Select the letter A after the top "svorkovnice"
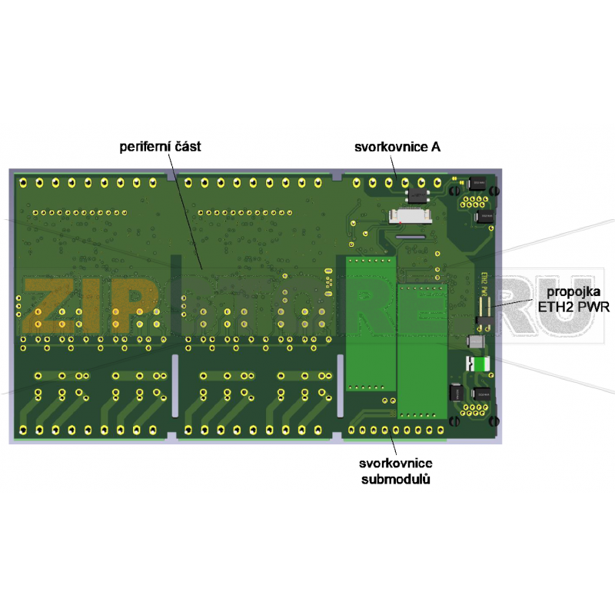tap(436, 146)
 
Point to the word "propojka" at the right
tap(570, 294)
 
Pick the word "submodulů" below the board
tap(395, 479)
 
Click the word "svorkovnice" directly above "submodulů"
tap(395, 464)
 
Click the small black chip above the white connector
tap(418, 194)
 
